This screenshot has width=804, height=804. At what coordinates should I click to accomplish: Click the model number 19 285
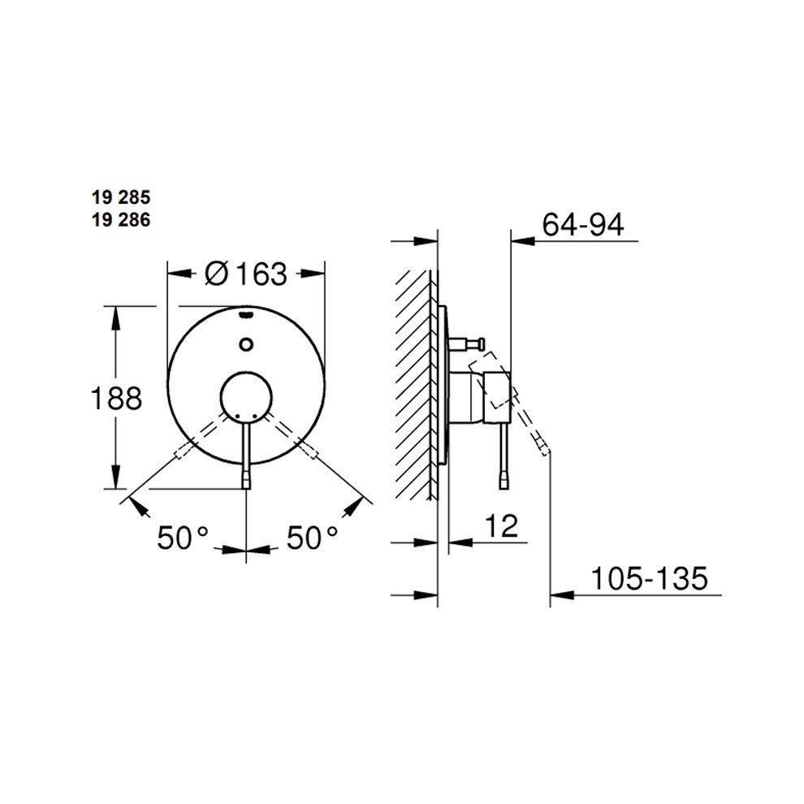[121, 197]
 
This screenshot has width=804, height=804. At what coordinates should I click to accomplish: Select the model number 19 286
[121, 220]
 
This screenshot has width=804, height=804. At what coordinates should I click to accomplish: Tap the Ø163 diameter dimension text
[246, 274]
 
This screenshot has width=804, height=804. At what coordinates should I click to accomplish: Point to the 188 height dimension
[116, 399]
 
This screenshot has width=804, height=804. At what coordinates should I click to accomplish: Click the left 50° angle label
[183, 538]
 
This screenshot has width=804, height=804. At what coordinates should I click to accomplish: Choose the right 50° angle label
[313, 538]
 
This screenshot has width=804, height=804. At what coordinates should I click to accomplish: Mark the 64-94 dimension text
[583, 225]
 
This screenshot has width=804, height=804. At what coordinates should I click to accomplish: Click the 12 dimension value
[501, 525]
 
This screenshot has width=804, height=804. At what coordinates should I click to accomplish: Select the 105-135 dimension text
[649, 578]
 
